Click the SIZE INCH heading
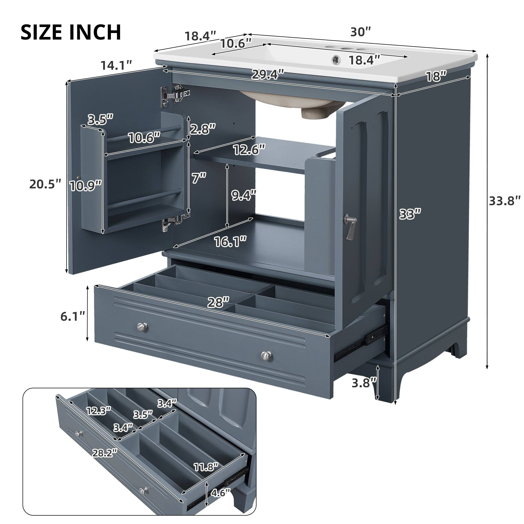71,32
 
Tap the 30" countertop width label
360,32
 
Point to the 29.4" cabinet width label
268,74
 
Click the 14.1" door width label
116,65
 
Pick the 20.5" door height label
45,184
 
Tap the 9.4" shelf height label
244,195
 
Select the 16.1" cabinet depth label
230,241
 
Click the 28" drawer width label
218,302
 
